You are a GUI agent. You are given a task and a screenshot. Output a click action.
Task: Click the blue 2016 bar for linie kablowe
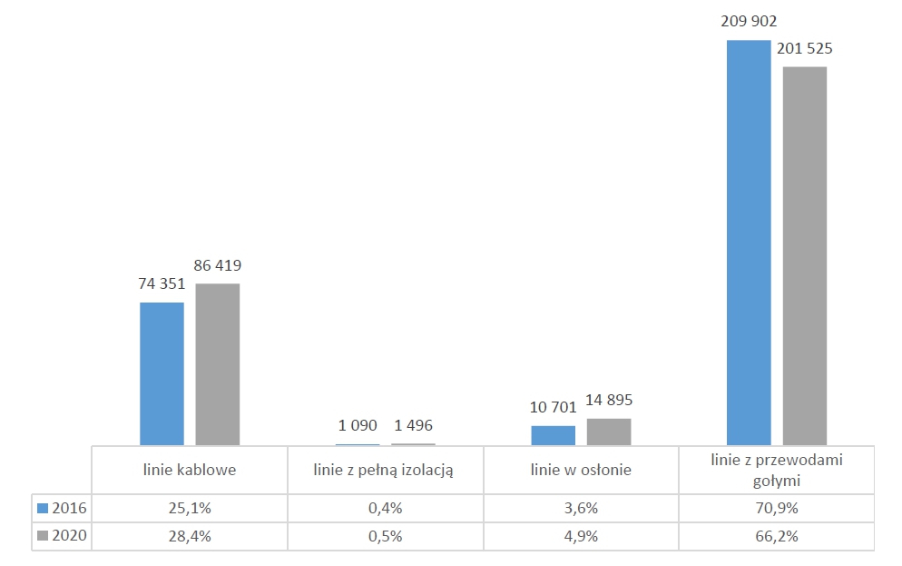click(162, 373)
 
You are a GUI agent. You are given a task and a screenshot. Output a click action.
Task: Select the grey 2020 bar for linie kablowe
click(218, 364)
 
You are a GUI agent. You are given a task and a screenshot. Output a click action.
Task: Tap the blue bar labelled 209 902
click(749, 243)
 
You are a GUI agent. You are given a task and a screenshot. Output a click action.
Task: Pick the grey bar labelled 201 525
click(805, 255)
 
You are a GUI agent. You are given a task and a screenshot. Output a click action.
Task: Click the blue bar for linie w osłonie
click(554, 435)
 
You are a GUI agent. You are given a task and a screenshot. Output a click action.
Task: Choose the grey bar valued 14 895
click(609, 432)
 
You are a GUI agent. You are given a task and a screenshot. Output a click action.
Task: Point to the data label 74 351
click(162, 283)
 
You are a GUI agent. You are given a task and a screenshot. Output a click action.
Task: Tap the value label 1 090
click(358, 425)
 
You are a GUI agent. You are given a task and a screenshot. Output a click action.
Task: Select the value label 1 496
click(414, 425)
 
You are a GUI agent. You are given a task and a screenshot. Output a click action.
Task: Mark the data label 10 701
click(554, 407)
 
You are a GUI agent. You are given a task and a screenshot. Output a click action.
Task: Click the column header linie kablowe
click(190, 470)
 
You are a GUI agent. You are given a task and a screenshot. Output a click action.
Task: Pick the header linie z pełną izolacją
click(385, 470)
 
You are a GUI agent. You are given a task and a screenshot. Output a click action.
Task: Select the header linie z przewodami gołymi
click(777, 470)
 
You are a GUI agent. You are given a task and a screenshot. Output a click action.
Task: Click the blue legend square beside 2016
click(43, 508)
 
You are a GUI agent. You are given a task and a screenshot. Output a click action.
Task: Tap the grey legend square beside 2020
click(43, 536)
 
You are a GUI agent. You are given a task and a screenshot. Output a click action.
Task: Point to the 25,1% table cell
click(190, 508)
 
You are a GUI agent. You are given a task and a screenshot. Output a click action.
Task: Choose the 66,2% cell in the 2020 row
click(777, 536)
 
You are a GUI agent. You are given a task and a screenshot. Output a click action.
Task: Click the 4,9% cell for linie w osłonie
click(581, 536)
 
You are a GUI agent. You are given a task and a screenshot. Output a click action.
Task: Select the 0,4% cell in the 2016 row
click(385, 508)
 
